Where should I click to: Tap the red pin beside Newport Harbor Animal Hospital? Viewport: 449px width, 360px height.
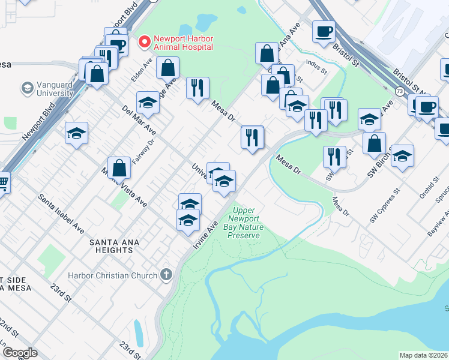pyautogui.click(x=144, y=42)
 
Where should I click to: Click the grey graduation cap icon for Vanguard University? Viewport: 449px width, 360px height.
pyautogui.click(x=27, y=89)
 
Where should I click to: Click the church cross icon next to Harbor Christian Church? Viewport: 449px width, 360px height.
pyautogui.click(x=166, y=275)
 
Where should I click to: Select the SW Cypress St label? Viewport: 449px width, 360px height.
pyautogui.click(x=385, y=207)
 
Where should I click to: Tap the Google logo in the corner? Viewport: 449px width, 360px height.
pyautogui.click(x=19, y=353)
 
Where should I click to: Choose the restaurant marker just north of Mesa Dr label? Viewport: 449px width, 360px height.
pyautogui.click(x=197, y=88)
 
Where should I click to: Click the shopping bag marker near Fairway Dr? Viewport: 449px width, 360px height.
pyautogui.click(x=119, y=169)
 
